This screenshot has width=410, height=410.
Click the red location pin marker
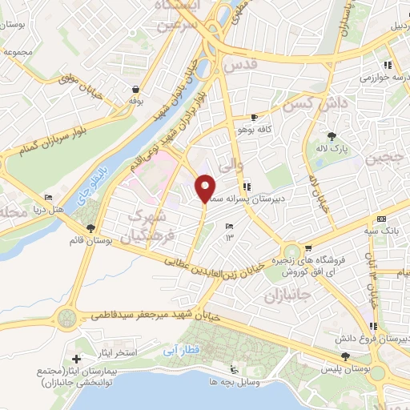click(206, 188)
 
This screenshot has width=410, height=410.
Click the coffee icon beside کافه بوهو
click(254, 118)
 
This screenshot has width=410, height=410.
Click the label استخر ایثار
click(117, 353)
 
